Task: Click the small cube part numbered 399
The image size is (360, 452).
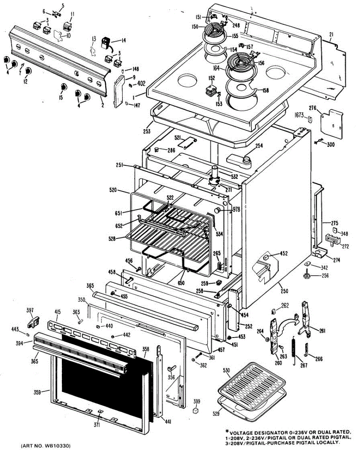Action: [x=196, y=410]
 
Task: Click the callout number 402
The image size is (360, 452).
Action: [x=141, y=83]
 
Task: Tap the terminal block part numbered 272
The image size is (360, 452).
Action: [x=331, y=240]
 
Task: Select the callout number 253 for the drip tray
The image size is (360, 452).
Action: [x=146, y=131]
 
